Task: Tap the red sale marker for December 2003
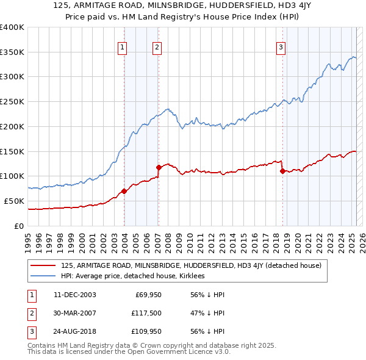(124, 191)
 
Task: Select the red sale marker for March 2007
(159, 167)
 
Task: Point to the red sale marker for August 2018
(282, 171)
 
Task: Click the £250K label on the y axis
(12, 101)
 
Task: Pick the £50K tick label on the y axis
(14, 201)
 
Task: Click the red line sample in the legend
(43, 265)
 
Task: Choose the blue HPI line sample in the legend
(43, 276)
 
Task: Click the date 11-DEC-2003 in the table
(74, 295)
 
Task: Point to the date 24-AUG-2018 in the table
(75, 331)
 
